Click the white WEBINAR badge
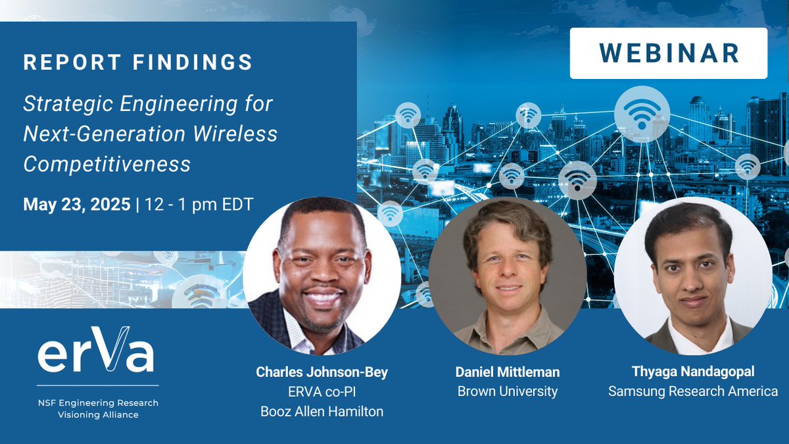coord(668,53)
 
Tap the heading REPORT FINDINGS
coord(138,62)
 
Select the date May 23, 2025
coord(76,205)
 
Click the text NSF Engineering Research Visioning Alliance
coord(97,408)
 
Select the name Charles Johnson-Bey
coord(322,372)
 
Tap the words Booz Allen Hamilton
coord(322,412)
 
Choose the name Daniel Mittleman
coord(507,372)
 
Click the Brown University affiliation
coord(507,391)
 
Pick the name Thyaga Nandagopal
coord(692,372)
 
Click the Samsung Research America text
coord(692,391)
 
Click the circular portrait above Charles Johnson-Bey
coord(322,276)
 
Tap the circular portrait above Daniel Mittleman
coord(507,276)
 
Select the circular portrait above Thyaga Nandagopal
coord(692,276)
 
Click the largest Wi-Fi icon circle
coord(642,114)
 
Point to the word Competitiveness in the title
coord(107,164)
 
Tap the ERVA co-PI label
coord(322,392)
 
